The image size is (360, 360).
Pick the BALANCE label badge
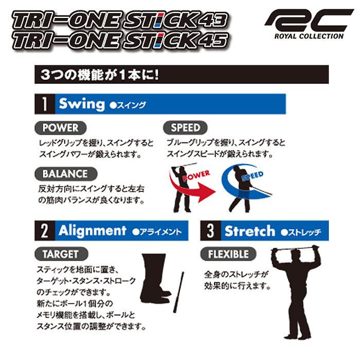65,174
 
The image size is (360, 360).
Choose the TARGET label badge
60,254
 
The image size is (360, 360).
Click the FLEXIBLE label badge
228,254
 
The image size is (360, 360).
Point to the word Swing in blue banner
81,104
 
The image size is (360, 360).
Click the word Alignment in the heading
92,231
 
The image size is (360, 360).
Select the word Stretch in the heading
249,231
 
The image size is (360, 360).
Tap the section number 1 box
45,104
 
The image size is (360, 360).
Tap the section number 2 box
45,231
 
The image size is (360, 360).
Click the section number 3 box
210,231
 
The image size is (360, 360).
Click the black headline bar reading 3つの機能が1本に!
180,74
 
